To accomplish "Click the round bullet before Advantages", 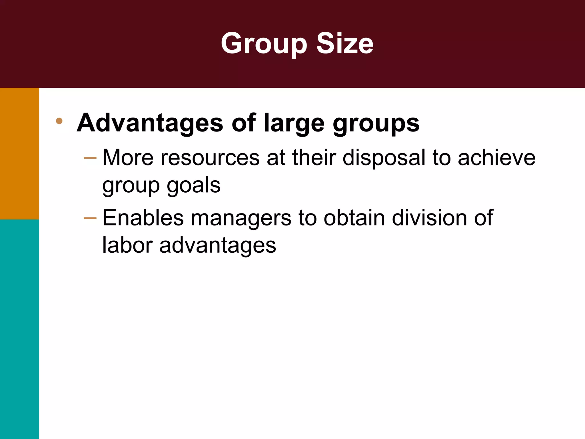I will tap(59, 121).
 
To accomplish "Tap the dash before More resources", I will tap(90, 158).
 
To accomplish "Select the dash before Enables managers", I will tap(90, 218).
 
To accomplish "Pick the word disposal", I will tap(384, 158).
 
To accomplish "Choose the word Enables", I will tap(143, 218).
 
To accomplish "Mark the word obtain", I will tap(354, 218).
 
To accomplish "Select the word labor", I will tap(127, 245).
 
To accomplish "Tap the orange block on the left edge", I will tap(19, 153).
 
